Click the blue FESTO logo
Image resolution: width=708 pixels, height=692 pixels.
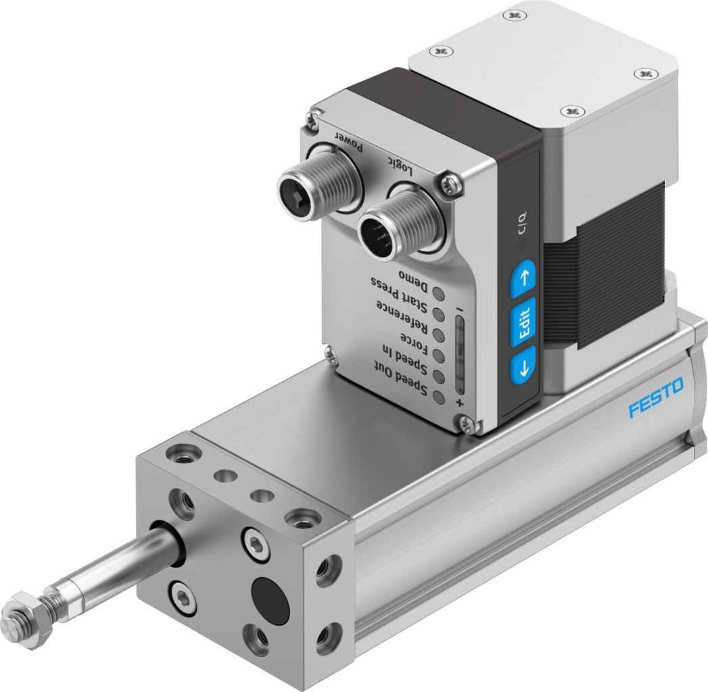tap(655, 398)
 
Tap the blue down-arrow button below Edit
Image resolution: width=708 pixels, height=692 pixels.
tap(522, 368)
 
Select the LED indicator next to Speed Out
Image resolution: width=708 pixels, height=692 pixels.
tap(439, 397)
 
